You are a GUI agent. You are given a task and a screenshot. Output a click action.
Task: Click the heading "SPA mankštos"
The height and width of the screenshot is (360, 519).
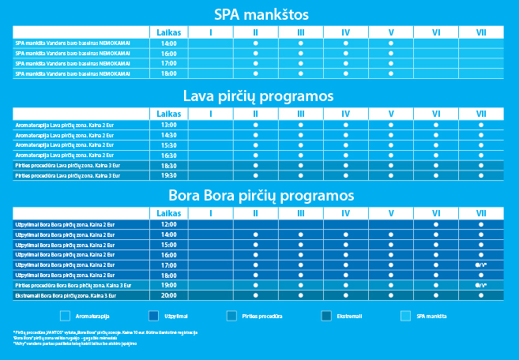(x=259, y=15)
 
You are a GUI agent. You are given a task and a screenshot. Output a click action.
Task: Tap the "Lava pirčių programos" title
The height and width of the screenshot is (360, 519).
(x=259, y=96)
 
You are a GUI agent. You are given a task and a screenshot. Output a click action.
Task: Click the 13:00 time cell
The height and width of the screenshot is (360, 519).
(x=169, y=125)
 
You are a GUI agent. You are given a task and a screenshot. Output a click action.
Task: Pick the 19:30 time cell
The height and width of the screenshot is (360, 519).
(x=169, y=176)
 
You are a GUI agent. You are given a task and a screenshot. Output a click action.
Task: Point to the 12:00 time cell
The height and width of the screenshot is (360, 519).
(x=169, y=224)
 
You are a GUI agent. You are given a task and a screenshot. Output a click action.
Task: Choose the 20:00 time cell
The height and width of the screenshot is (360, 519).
(x=169, y=295)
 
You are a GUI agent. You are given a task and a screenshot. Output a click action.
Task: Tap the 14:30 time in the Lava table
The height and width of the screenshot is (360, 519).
(x=169, y=135)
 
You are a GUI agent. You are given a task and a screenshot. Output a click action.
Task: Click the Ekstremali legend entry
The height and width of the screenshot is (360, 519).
(x=345, y=317)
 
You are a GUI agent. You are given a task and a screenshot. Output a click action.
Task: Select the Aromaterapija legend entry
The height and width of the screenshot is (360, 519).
(x=88, y=317)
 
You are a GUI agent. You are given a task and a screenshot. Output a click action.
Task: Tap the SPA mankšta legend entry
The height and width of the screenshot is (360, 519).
(x=431, y=317)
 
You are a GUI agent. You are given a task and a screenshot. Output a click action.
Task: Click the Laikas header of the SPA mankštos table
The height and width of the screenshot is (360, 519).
(x=169, y=32)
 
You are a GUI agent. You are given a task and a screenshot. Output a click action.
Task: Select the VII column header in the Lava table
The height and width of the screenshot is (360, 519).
(x=481, y=114)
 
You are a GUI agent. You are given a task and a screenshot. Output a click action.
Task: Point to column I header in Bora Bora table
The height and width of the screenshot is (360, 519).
(x=211, y=213)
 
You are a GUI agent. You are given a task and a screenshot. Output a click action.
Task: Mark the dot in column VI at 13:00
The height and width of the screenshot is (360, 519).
(x=436, y=125)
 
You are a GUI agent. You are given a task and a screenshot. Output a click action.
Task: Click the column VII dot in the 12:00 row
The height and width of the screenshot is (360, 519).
(x=481, y=224)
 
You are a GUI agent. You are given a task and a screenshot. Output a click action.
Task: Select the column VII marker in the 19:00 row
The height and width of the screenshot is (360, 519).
(x=481, y=285)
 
